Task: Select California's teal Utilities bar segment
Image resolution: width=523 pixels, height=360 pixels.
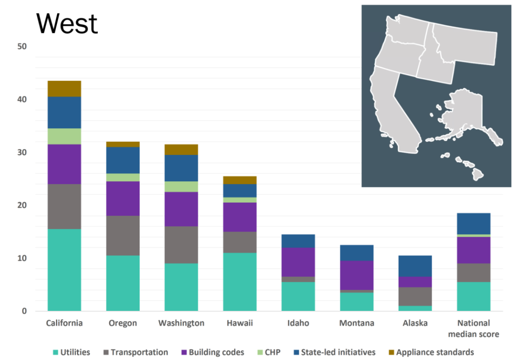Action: (64, 270)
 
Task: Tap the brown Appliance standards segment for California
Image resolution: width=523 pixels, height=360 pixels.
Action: (64, 89)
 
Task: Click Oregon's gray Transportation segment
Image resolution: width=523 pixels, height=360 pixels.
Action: (123, 235)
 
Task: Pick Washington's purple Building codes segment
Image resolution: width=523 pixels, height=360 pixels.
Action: (181, 209)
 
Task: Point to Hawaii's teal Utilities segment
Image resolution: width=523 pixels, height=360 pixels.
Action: (239, 282)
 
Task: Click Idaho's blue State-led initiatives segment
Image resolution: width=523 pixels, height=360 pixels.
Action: (298, 241)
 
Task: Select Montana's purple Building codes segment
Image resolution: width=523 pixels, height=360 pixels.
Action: (356, 275)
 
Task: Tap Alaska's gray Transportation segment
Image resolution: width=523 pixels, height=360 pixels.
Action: (415, 296)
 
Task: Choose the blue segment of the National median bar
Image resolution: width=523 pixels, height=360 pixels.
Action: (473, 223)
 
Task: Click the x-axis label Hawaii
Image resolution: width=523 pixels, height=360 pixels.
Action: (239, 323)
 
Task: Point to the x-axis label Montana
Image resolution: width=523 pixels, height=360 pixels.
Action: (356, 323)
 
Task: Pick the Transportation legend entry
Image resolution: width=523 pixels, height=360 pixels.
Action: (135, 352)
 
